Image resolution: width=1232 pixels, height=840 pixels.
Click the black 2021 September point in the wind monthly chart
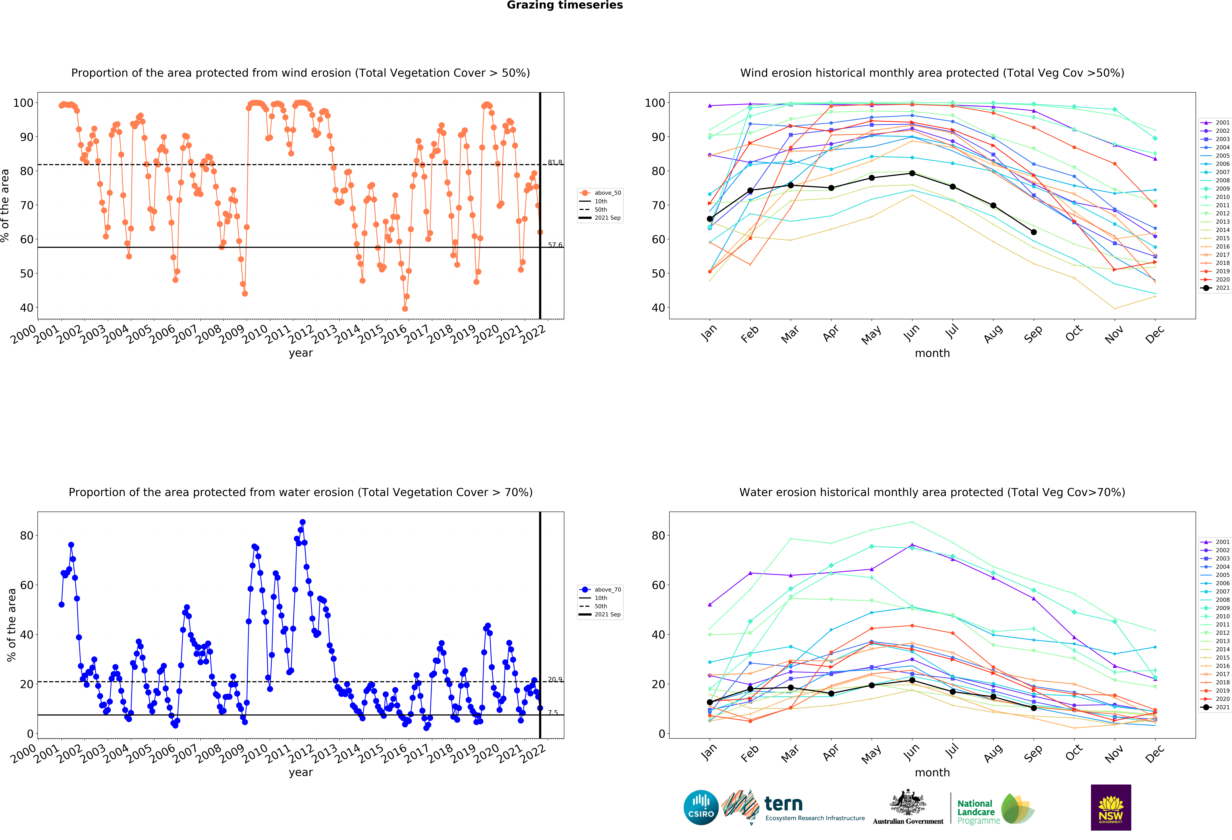(x=1033, y=232)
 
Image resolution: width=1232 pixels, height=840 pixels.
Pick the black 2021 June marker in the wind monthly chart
(x=912, y=173)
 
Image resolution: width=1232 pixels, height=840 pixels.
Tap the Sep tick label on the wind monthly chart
(x=1033, y=334)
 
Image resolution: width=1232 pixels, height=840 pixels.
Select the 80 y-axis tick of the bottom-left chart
(x=27, y=536)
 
